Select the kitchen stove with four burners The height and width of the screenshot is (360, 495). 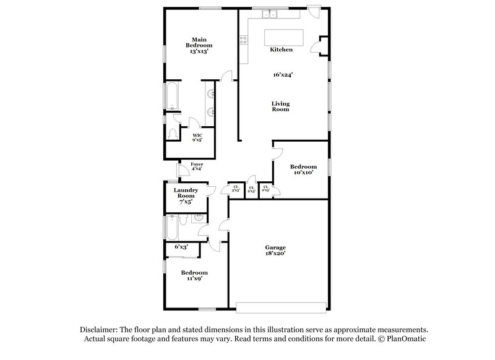(x=244, y=41)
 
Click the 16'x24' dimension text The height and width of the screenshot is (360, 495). (x=283, y=75)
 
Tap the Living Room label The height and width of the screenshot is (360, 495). (x=281, y=106)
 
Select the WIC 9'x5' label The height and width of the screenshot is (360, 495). (x=197, y=137)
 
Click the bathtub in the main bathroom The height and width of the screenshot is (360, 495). (x=170, y=96)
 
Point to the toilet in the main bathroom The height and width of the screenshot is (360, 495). (x=172, y=132)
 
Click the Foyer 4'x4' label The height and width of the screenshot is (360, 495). (x=196, y=166)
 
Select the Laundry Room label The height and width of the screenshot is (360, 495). (x=186, y=195)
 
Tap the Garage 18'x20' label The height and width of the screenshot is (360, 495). (x=275, y=250)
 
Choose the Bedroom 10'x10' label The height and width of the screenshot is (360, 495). (x=304, y=169)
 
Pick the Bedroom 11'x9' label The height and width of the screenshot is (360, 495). (x=194, y=275)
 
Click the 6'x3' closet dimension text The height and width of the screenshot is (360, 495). (x=181, y=247)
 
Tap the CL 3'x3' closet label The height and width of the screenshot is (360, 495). (x=236, y=189)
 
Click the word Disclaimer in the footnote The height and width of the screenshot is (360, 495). (x=98, y=330)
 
